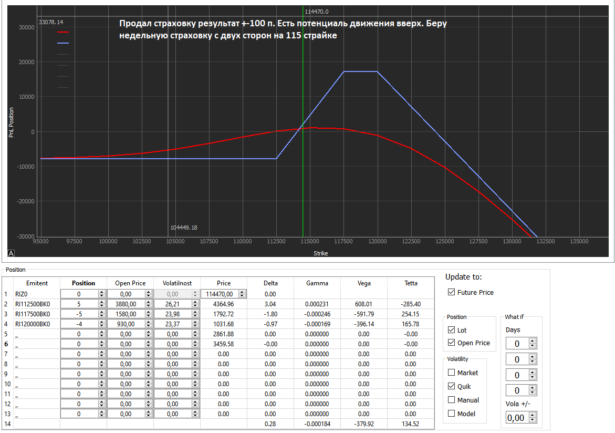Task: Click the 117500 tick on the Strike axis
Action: click(x=343, y=242)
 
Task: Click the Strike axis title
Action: click(x=321, y=253)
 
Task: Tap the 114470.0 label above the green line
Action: click(x=316, y=12)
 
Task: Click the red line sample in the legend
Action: click(x=63, y=32)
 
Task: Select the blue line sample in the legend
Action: click(x=63, y=43)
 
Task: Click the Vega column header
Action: click(x=364, y=283)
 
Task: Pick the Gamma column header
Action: click(x=317, y=283)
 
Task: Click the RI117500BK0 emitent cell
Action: click(x=33, y=314)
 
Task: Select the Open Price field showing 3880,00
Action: click(x=126, y=304)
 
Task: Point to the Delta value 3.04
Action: click(x=270, y=304)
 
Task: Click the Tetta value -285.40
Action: click(x=411, y=304)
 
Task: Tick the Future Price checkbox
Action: click(x=451, y=293)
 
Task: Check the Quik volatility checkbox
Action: click(x=451, y=386)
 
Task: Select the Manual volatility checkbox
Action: click(x=451, y=400)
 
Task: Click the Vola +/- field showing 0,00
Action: click(x=517, y=418)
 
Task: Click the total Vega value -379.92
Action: click(x=364, y=424)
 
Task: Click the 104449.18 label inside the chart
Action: click(x=184, y=228)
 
